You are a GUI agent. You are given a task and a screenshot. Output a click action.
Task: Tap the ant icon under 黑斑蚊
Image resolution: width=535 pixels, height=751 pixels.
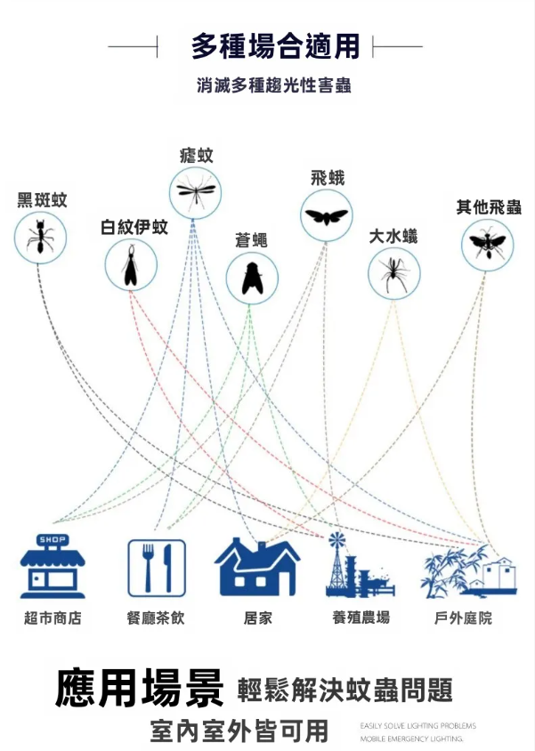[40, 238]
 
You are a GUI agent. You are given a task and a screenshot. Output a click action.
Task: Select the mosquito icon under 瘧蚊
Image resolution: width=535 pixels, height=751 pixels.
[195, 191]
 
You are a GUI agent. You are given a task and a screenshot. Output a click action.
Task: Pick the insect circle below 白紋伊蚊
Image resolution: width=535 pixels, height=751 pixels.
[131, 264]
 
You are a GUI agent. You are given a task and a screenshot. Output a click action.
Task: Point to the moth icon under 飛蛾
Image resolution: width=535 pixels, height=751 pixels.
[326, 214]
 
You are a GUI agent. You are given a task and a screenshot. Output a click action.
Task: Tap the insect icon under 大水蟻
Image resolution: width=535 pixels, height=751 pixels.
[393, 272]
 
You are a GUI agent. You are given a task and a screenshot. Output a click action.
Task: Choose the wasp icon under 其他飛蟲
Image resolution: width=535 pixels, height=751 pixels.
[487, 243]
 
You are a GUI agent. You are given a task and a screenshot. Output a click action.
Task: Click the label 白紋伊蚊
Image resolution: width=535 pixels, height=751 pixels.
[134, 227]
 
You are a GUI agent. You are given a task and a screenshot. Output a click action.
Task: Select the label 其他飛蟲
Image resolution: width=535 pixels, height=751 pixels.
[489, 207]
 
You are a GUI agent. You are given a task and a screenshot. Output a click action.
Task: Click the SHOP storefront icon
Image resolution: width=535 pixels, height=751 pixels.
[53, 566]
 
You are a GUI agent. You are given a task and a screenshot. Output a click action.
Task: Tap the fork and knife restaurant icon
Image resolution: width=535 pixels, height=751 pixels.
[157, 568]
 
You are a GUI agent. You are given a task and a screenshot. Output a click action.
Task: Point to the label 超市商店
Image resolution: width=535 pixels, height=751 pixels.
[53, 618]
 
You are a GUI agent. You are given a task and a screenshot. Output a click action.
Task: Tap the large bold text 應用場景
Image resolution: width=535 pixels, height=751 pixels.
[140, 689]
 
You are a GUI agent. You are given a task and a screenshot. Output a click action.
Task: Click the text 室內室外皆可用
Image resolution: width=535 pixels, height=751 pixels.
[239, 731]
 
